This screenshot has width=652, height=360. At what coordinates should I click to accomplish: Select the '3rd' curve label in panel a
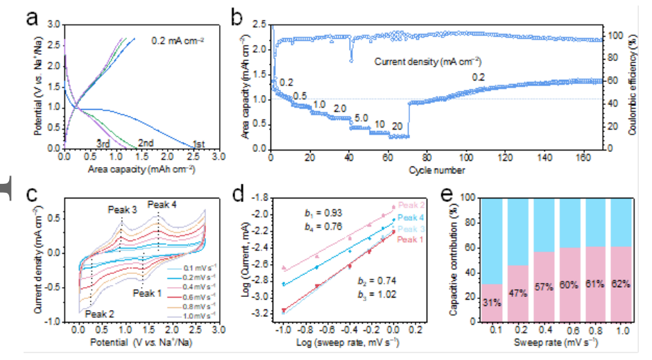coord(104,143)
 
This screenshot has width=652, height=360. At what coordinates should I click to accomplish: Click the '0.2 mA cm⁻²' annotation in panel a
coord(178,41)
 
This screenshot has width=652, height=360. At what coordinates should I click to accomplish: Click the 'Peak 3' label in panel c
coord(122,209)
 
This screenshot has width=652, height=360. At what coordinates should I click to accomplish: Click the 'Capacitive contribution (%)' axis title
coord(454,257)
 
